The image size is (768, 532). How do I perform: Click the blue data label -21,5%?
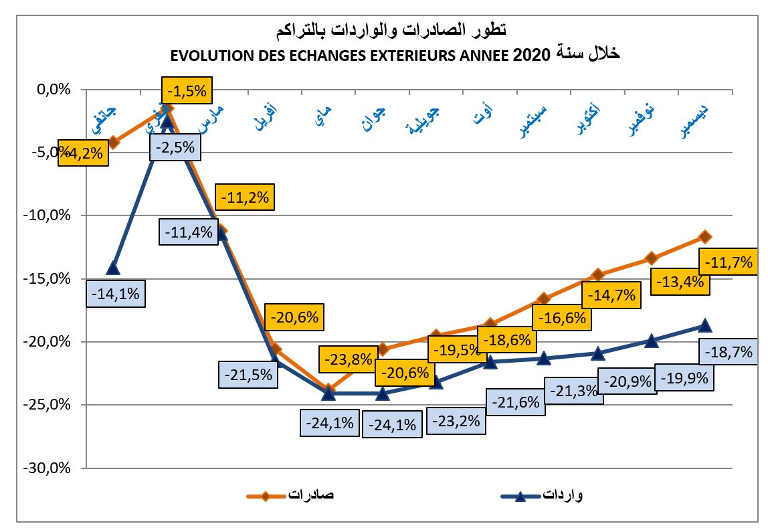(248, 375)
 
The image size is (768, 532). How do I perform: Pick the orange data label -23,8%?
(348, 359)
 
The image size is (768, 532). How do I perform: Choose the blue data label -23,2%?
(456, 422)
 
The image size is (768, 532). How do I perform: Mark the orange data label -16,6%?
(562, 318)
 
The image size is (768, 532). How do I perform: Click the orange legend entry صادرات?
(310, 495)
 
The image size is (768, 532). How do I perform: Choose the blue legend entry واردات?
(562, 495)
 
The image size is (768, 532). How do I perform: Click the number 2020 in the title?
(531, 55)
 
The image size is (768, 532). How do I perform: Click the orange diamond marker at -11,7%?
(704, 237)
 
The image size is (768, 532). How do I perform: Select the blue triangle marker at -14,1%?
(113, 268)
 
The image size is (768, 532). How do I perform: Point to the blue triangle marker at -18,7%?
(704, 325)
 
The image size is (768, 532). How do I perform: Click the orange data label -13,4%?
(679, 282)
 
